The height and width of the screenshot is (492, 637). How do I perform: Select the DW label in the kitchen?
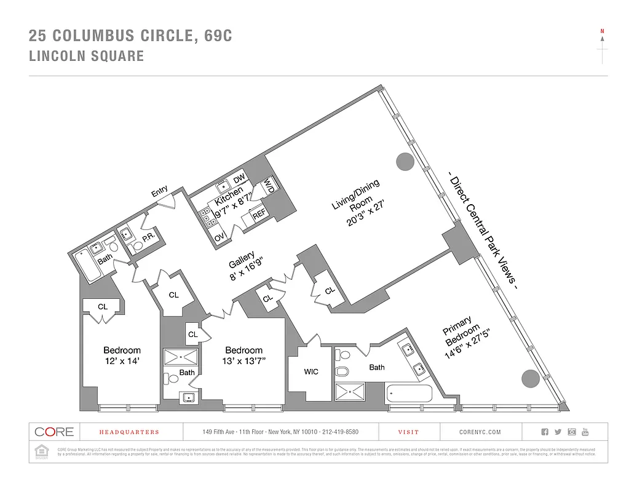[240, 179]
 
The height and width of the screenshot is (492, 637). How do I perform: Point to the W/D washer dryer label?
[269, 187]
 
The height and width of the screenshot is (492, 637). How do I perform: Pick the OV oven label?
[219, 237]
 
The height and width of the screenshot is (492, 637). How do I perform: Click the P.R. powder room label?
[148, 237]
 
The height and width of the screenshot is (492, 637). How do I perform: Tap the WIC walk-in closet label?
[311, 371]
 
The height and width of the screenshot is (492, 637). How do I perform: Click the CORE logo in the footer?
[54, 432]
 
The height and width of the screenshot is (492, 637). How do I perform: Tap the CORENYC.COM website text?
[480, 432]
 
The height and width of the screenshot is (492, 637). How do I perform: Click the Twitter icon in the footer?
[558, 432]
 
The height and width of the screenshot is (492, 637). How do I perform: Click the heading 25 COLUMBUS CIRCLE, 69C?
[130, 36]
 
